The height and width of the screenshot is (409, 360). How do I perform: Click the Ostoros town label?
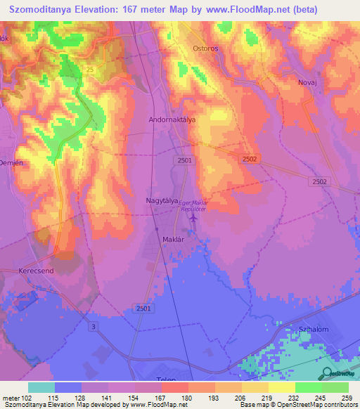tap(207, 48)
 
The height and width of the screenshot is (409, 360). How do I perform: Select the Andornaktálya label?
tap(172, 120)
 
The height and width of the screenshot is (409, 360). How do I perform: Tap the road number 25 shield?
tap(89, 69)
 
